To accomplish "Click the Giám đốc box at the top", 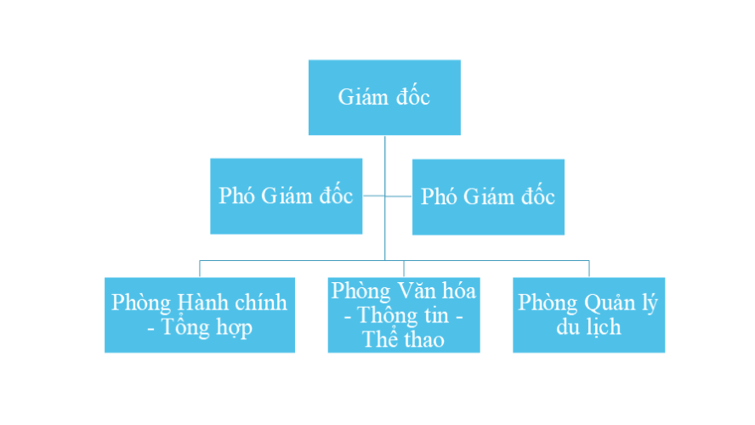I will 384,97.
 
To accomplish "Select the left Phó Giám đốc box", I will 286,196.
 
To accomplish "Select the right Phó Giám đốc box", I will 488,196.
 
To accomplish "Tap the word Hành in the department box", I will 202,303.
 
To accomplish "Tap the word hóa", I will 459,291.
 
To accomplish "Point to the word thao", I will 425,339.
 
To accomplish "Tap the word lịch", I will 602,327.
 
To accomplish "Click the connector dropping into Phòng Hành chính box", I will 200,269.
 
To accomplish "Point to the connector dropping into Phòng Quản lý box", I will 588,269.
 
